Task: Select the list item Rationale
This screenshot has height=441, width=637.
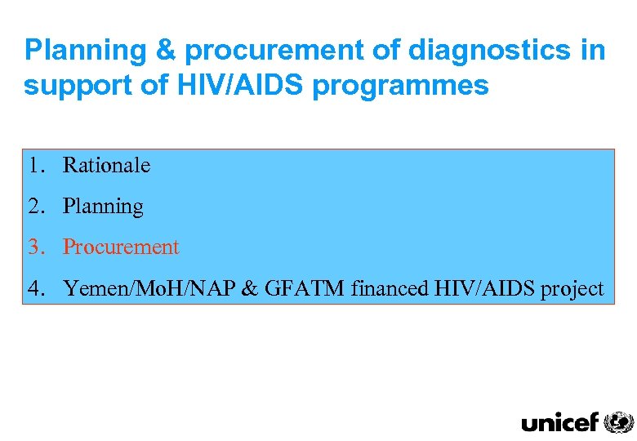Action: (x=107, y=165)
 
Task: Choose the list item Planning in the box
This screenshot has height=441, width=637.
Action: (x=103, y=207)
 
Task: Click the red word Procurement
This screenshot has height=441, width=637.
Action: (x=121, y=247)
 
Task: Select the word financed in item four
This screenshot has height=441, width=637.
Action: (x=386, y=287)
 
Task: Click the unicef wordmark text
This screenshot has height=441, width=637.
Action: (x=560, y=422)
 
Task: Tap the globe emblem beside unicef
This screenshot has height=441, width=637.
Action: (x=618, y=421)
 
